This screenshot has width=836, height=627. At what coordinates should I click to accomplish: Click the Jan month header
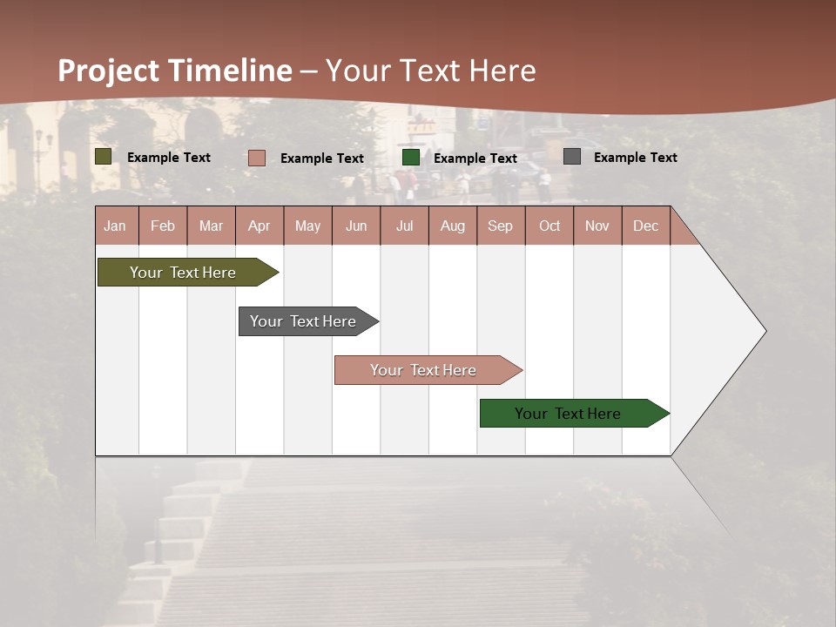116,226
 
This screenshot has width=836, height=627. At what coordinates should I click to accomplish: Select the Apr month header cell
260,226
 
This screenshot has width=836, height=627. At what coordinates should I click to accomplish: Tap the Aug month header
453,226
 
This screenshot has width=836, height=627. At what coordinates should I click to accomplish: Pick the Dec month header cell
645,226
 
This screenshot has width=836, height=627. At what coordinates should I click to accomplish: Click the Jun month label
356,226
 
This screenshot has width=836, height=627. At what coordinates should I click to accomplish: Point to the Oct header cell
549,226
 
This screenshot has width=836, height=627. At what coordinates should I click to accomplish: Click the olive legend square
104,157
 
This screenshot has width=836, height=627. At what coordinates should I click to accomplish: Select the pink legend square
257,158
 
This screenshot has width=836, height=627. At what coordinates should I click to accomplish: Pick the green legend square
411,158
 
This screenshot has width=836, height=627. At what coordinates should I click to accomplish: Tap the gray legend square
572,157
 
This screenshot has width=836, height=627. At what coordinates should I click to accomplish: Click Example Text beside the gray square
635,157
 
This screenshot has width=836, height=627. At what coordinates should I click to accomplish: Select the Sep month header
501,226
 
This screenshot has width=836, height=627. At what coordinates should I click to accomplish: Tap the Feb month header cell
163,226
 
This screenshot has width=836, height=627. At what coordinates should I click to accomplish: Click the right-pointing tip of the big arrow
763,331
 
